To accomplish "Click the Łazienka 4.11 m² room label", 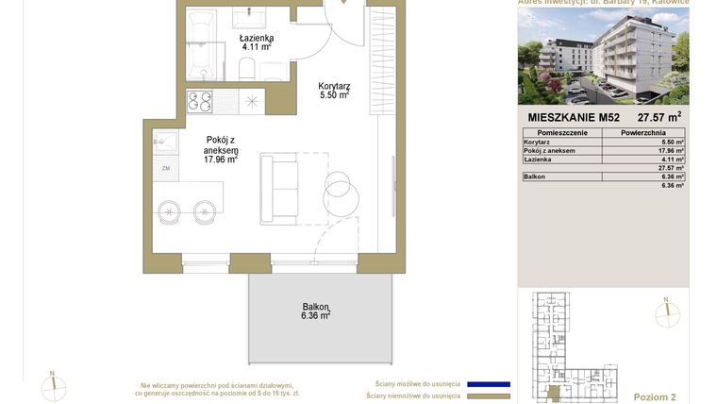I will click(256, 42).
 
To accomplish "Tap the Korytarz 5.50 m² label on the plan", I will click(334, 91).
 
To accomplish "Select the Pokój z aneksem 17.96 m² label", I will click(221, 149).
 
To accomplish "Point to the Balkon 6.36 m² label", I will click(315, 311).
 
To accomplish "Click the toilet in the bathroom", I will click(246, 67).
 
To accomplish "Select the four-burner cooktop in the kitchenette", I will click(200, 100).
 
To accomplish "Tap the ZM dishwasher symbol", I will click(165, 168).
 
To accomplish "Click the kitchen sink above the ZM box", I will click(166, 143).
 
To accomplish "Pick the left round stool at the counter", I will click(169, 211).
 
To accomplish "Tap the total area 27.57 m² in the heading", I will click(659, 118).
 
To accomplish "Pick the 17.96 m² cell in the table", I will click(671, 150).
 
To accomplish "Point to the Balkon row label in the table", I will click(534, 177).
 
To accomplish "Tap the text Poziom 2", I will click(655, 397).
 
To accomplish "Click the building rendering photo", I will click(603, 56).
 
